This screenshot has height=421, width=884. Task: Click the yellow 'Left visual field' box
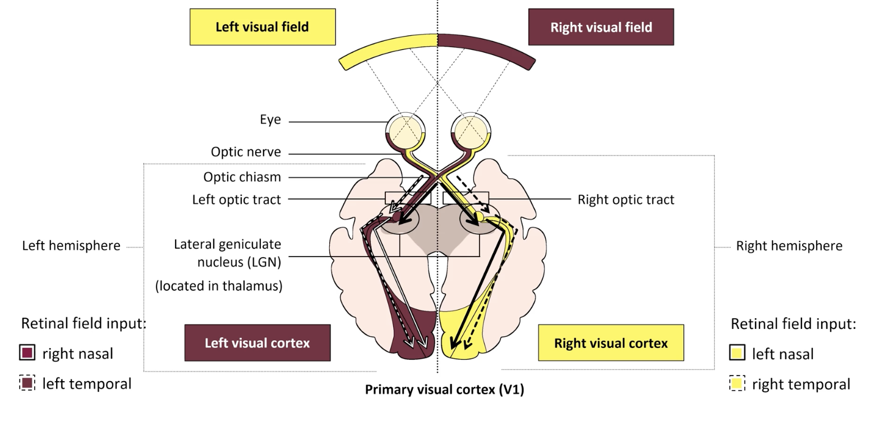point(263,27)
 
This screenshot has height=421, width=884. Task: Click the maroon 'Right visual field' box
point(601,27)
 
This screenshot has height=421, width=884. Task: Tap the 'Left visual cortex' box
point(257,343)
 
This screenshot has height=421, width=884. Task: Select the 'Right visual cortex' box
point(611,343)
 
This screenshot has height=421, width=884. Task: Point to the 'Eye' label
point(270,120)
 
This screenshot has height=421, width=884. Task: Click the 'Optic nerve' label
point(246,152)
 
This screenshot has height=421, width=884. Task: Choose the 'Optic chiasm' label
point(242,177)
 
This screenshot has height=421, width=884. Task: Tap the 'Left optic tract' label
point(236,200)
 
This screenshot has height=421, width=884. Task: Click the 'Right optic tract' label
point(626,200)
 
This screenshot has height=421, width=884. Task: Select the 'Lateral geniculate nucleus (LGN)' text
point(227,253)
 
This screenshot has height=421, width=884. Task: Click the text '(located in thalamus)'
point(219,286)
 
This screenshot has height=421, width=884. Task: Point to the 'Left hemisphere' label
point(71,246)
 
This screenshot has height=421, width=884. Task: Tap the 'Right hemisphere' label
point(789,246)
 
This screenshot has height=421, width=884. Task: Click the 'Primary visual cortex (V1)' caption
point(444,390)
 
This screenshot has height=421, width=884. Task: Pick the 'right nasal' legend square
point(27,353)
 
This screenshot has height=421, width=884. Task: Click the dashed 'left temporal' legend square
point(27,383)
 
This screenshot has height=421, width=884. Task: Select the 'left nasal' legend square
point(737,353)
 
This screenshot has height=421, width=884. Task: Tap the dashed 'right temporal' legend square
point(737,383)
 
